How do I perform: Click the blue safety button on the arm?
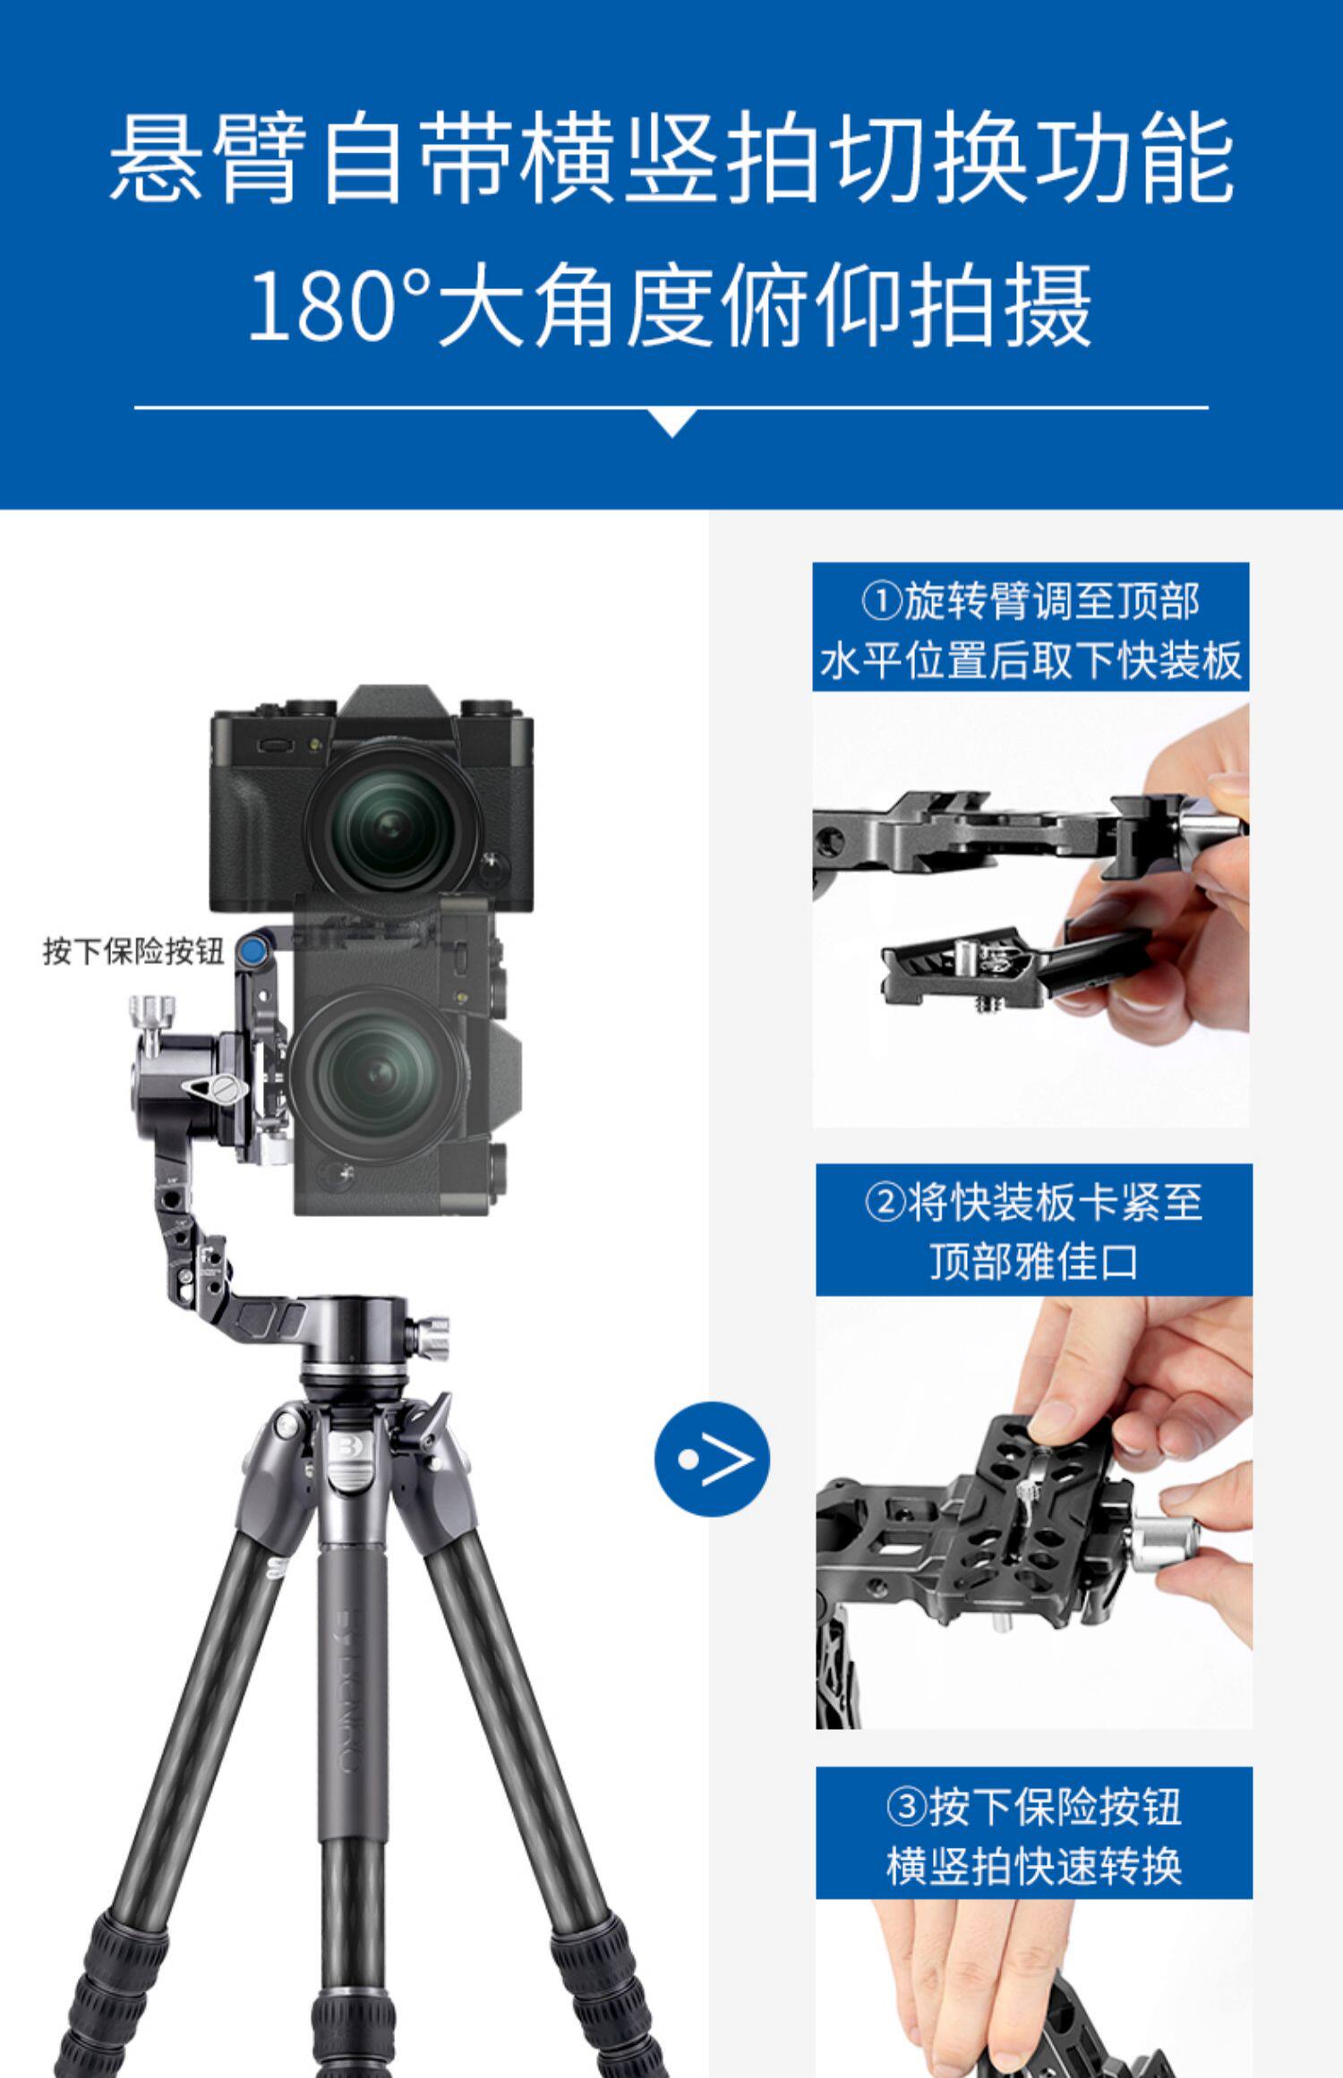click(x=254, y=950)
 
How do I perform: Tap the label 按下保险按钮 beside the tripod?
click(x=134, y=951)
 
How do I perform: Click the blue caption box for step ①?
click(x=1031, y=627)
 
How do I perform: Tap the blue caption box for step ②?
click(x=1033, y=1230)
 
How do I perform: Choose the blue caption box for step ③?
click(x=1033, y=1832)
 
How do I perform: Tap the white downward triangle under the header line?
click(x=671, y=422)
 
